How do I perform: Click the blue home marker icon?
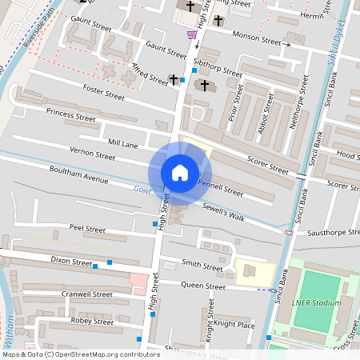tap(180, 173)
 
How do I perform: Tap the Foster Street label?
tap(104, 94)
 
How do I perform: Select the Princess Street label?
tap(71, 116)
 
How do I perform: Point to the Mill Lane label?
tap(122, 146)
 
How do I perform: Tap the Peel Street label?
tap(87, 229)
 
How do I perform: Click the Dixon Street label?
tap(72, 261)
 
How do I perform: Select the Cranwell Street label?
tap(86, 294)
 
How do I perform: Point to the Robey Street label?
tap(93, 321)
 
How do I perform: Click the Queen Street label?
tap(204, 286)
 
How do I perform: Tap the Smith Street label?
tap(202, 265)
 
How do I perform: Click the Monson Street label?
tap(256, 38)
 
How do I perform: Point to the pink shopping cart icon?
tap(192, 34)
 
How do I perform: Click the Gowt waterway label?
tap(142, 190)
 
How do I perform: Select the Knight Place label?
tap(234, 325)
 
